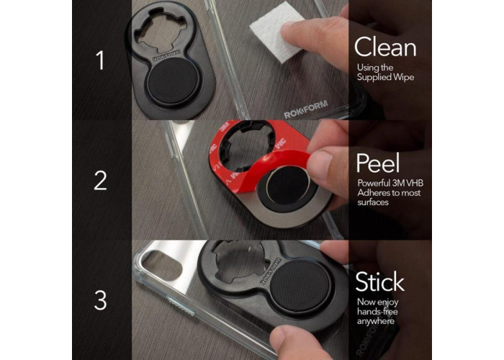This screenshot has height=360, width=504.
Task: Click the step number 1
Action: click(x=101, y=60)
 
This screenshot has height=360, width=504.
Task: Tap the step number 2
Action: click(x=100, y=181)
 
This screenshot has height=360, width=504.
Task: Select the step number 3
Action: click(x=100, y=300)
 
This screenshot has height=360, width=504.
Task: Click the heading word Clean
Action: click(x=385, y=47)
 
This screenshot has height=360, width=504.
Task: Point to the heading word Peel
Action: click(x=378, y=163)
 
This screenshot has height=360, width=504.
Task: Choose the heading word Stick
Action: click(x=379, y=282)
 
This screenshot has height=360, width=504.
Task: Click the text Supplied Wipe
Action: click(x=385, y=77)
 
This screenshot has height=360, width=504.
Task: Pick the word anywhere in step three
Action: click(x=376, y=321)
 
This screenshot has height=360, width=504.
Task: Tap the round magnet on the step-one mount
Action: click(x=174, y=81)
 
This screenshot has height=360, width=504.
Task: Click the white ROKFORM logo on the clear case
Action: click(x=306, y=109)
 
